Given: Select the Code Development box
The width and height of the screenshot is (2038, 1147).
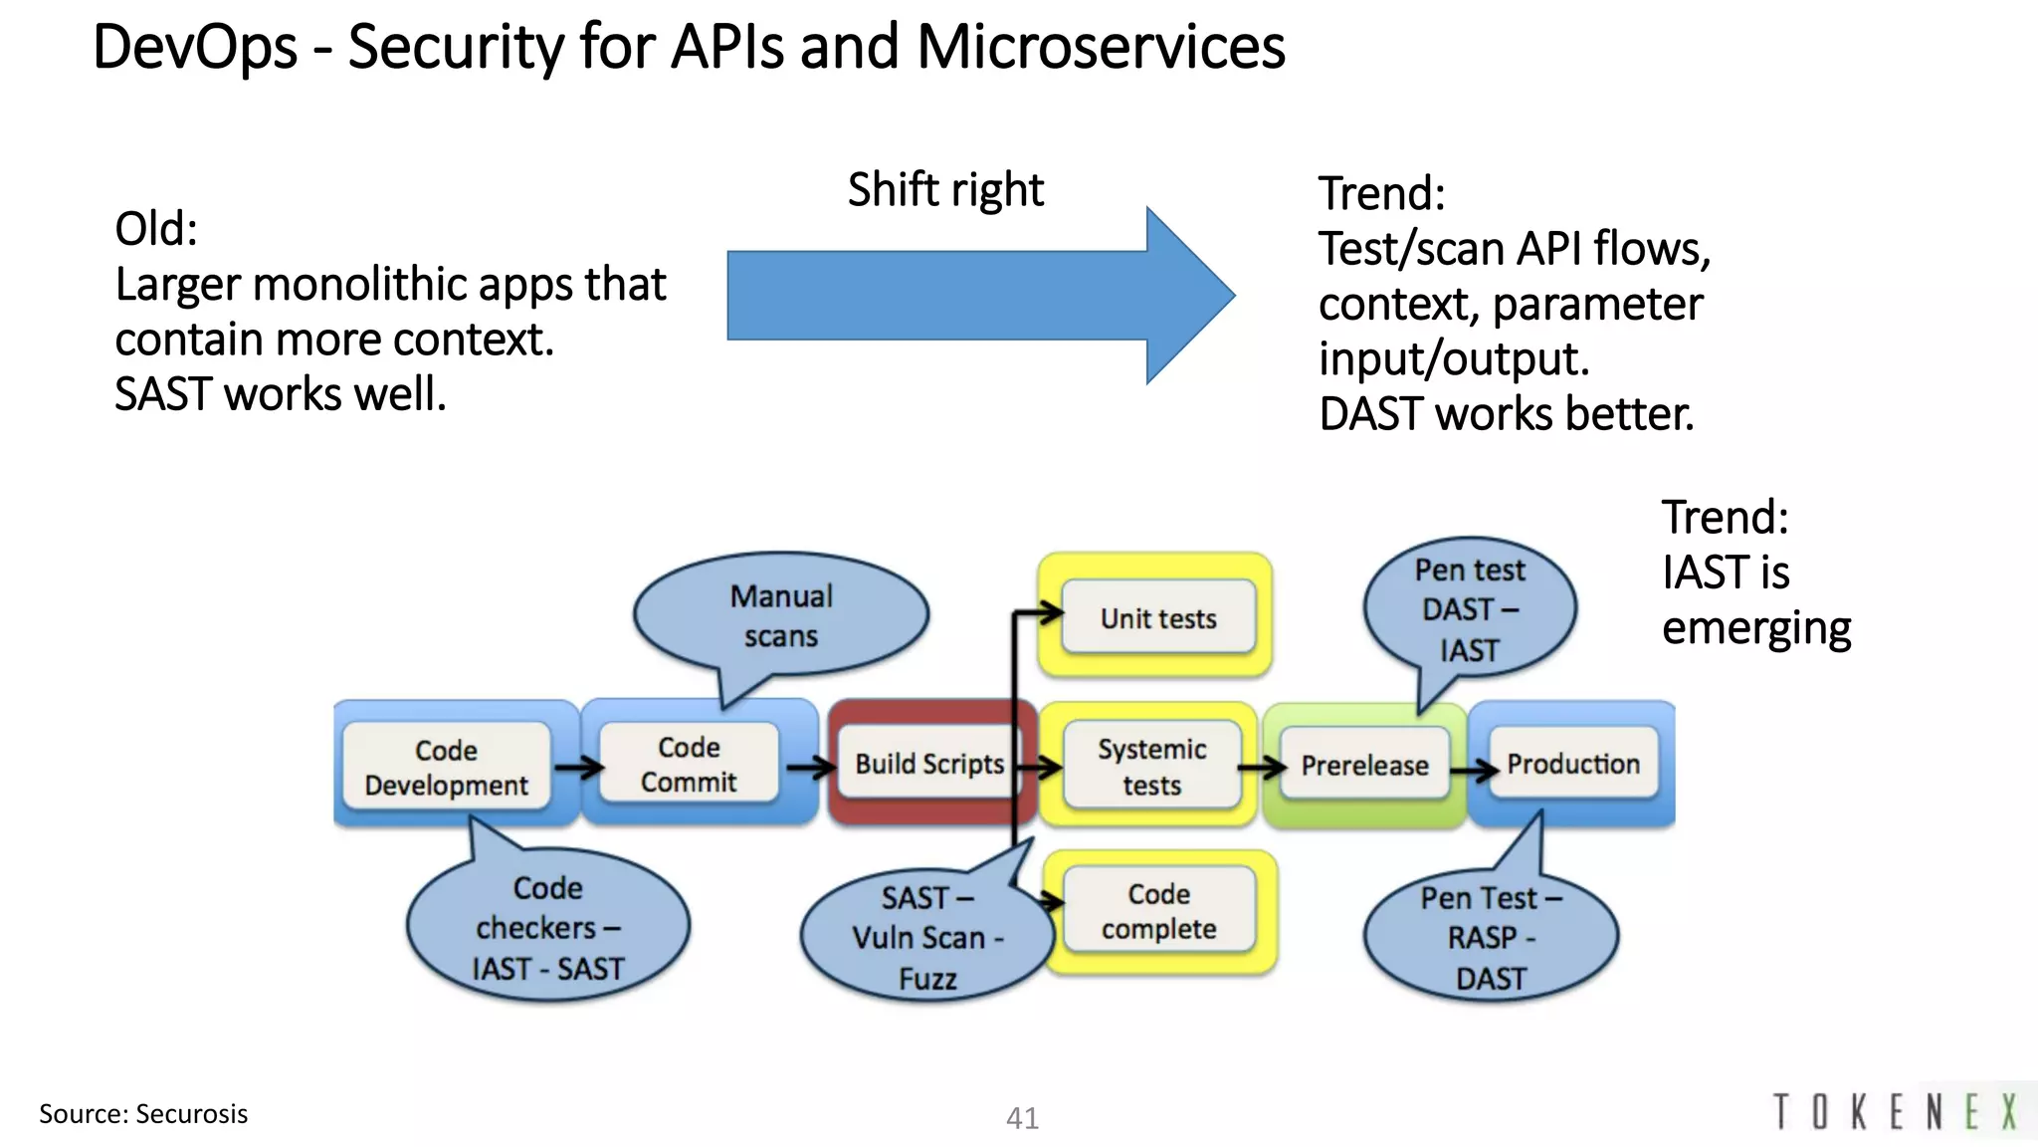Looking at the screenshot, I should (x=446, y=767).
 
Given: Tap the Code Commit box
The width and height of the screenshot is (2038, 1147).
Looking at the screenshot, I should (x=689, y=764).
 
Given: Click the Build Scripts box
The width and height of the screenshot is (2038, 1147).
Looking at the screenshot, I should (x=927, y=764).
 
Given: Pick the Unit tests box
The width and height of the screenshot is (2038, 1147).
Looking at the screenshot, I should (x=1158, y=618).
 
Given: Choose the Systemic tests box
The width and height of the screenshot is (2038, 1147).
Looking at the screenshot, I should (x=1151, y=767).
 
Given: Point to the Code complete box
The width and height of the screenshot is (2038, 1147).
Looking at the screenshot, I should (x=1158, y=911).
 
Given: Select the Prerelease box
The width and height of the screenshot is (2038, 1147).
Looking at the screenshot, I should (x=1364, y=765).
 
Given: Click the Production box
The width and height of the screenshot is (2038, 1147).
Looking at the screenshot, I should (x=1572, y=764).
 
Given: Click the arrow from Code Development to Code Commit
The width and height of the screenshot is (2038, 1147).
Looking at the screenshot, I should (x=578, y=768).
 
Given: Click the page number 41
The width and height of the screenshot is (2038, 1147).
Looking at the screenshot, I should (x=1022, y=1118).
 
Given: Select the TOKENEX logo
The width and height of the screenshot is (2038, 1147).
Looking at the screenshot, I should (x=1896, y=1112).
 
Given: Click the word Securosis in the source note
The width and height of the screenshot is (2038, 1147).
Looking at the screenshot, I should (x=191, y=1113).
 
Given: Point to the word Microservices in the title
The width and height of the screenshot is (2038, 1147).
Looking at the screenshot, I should (x=1101, y=47).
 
